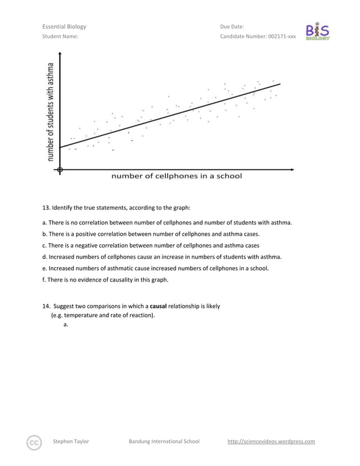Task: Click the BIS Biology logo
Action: coord(318,32)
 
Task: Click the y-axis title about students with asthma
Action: coord(51,111)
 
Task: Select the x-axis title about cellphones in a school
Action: coord(177,176)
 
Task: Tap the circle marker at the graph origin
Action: coord(60,169)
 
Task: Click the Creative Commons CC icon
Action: coord(34,442)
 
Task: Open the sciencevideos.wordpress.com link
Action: coord(271,441)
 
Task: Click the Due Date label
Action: coord(232,27)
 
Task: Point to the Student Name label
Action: coord(60,37)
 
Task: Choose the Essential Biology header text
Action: coord(64,27)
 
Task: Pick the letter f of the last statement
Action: coord(43,279)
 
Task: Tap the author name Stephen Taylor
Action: coord(71,441)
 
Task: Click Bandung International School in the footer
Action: coord(164,441)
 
